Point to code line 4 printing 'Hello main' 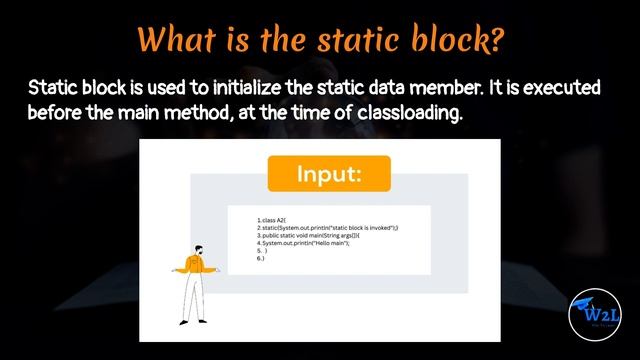click(304, 243)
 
